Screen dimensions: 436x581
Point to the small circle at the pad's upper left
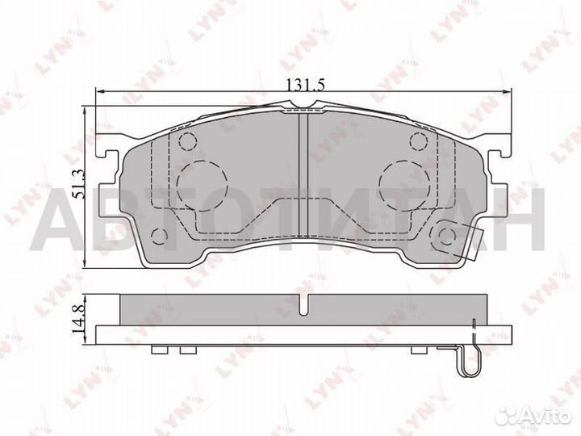(x=187, y=143)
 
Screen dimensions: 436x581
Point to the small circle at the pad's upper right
(x=418, y=143)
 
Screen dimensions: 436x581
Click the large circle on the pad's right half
(x=403, y=180)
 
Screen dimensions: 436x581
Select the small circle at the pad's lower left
(x=161, y=237)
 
